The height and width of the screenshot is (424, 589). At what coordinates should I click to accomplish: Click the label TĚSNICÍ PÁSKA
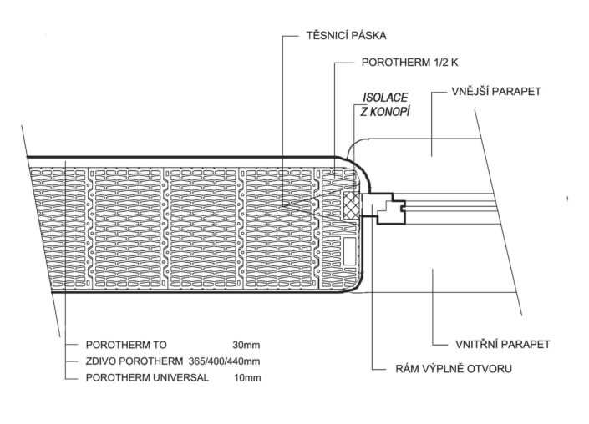(347, 36)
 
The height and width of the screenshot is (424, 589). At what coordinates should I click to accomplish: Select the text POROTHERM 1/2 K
(410, 63)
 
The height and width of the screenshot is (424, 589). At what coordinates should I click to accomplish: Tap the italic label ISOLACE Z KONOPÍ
(385, 104)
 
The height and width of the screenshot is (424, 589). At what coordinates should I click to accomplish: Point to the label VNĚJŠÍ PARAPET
(496, 92)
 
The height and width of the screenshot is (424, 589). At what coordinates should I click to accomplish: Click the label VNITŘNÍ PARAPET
(503, 344)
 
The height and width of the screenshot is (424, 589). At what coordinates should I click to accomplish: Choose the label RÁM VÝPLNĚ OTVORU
(454, 368)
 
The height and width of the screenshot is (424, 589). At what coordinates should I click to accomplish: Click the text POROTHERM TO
(126, 345)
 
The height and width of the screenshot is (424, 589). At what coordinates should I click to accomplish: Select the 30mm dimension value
(246, 345)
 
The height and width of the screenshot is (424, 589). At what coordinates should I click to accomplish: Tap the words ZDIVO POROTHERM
(135, 361)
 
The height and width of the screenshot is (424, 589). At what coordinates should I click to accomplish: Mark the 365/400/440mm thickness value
(224, 361)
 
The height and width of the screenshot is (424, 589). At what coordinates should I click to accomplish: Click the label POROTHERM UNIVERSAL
(147, 377)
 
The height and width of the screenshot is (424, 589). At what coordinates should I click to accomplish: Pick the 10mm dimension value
(247, 377)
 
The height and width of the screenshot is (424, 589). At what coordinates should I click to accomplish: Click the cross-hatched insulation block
(352, 205)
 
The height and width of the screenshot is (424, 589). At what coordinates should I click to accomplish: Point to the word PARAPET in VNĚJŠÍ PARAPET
(518, 92)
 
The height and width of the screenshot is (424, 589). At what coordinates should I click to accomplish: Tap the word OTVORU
(490, 368)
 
